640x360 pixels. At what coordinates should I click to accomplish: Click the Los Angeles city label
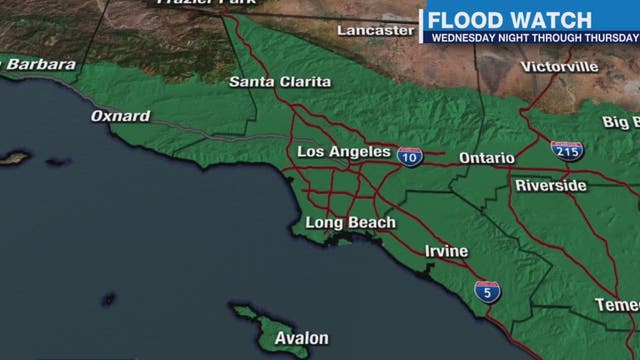click(344, 152)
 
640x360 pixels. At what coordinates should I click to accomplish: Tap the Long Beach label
click(350, 222)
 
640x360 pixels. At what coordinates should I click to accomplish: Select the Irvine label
click(446, 251)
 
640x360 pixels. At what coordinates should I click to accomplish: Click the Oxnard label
click(120, 116)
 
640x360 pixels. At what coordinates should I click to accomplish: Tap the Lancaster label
click(375, 30)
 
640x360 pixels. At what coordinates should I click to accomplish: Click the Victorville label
click(559, 66)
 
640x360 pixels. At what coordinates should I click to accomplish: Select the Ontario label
click(486, 158)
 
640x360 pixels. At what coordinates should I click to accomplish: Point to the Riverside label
click(550, 186)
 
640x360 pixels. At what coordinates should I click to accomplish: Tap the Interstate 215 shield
click(567, 151)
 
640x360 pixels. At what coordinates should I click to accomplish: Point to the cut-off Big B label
click(620, 122)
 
